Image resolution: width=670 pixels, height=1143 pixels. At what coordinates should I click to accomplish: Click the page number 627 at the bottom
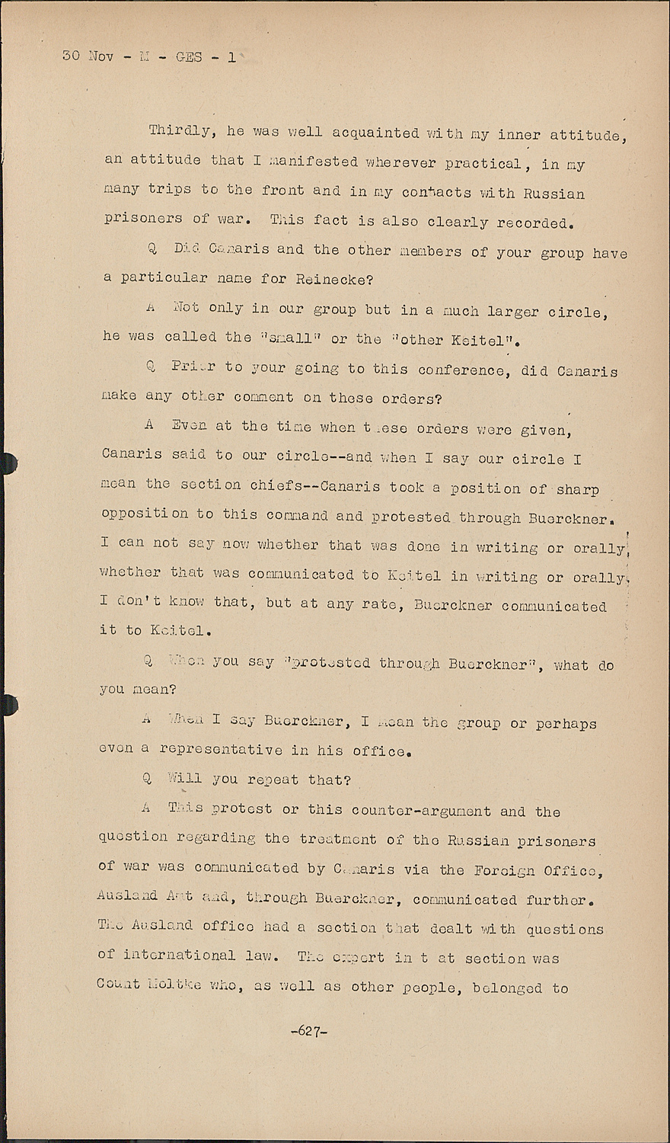point(308,1031)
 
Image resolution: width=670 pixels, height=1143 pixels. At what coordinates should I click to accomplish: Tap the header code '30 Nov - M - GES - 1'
point(148,56)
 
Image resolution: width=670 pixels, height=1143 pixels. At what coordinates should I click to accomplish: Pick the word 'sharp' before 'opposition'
point(577,488)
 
